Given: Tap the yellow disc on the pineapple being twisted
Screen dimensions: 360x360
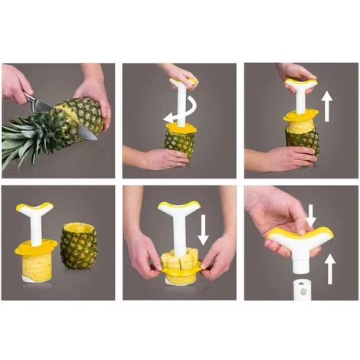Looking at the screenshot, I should (181, 128).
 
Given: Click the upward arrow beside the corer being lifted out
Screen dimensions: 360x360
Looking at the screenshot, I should (327, 107).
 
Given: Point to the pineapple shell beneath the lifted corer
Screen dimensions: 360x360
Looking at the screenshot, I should (303, 142).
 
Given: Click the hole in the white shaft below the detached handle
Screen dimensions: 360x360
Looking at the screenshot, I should (300, 290).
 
